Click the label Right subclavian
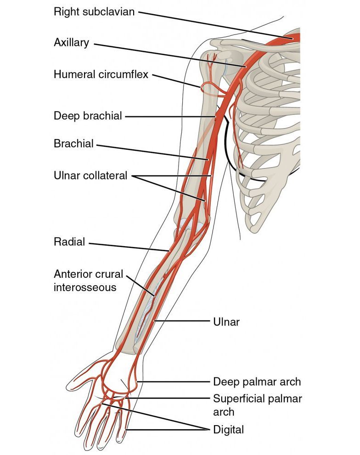(94, 11)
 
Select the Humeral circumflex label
(101, 74)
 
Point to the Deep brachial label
(88, 116)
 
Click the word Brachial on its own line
(73, 144)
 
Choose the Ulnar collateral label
(90, 175)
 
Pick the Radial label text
(69, 242)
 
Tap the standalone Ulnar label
(226, 321)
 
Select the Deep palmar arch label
(257, 382)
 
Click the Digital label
(228, 430)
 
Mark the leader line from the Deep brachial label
(170, 117)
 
